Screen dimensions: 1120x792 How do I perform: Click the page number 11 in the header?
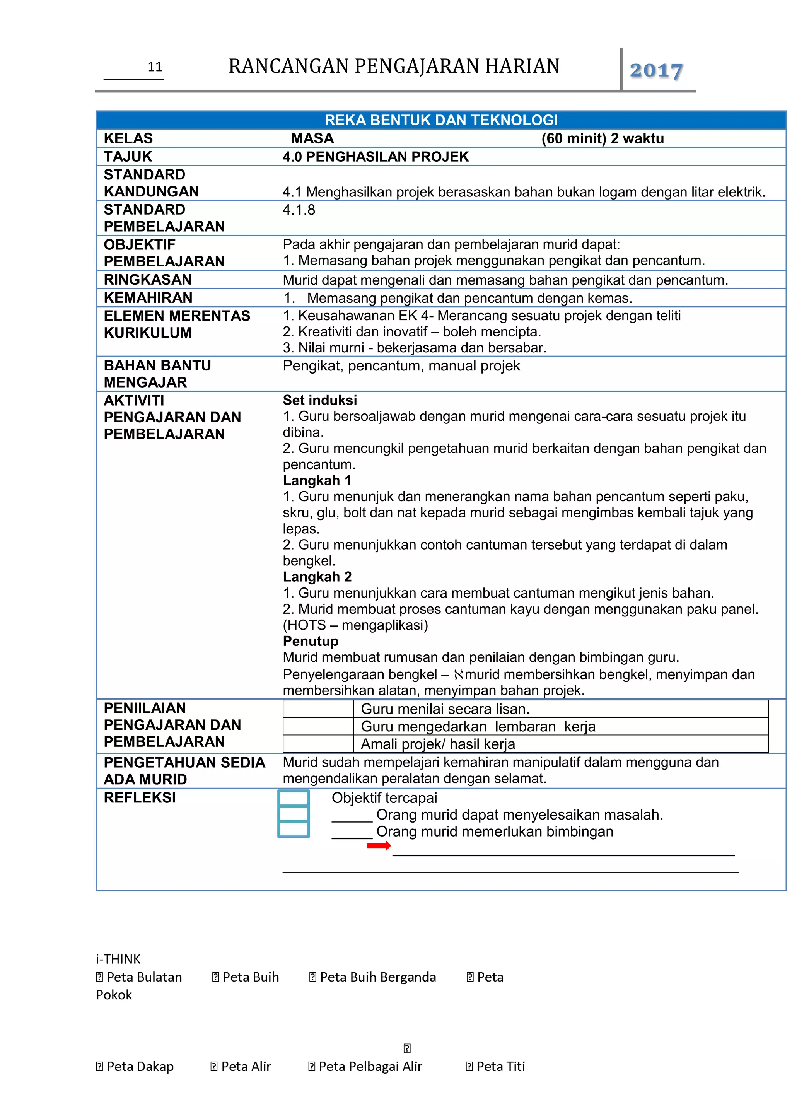[x=155, y=67]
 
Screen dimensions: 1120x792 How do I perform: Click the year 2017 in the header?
[x=655, y=71]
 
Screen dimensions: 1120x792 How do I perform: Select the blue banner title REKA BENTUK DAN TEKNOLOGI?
[x=441, y=120]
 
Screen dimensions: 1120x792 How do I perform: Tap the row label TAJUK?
[x=128, y=157]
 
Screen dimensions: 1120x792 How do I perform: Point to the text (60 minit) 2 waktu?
[x=602, y=138]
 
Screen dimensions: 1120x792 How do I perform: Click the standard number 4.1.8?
[x=299, y=210]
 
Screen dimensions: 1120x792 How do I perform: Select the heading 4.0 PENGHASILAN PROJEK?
[x=376, y=157]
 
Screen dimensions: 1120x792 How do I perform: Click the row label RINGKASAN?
[x=147, y=280]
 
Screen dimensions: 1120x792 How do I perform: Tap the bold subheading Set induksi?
[x=319, y=400]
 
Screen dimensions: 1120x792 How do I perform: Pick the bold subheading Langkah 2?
[x=317, y=577]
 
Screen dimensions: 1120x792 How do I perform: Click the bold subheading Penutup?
[x=310, y=641]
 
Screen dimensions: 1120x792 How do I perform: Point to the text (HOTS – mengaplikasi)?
[x=355, y=625]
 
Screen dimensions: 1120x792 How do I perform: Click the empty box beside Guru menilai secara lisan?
[x=318, y=709]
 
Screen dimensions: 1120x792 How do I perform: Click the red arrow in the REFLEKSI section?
[x=379, y=845]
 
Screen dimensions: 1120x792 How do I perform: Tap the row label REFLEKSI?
[x=140, y=797]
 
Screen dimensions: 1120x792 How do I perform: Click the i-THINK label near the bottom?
[x=118, y=959]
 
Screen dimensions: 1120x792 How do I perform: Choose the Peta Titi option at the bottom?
[x=495, y=1066]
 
